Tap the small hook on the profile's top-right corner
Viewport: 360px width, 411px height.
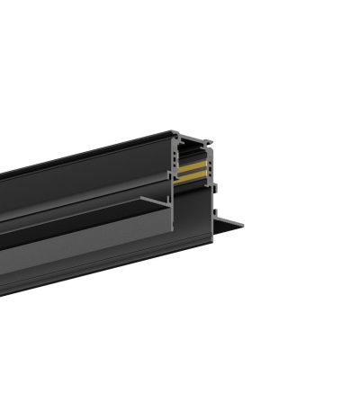208,141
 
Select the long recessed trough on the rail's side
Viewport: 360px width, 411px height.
81,229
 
